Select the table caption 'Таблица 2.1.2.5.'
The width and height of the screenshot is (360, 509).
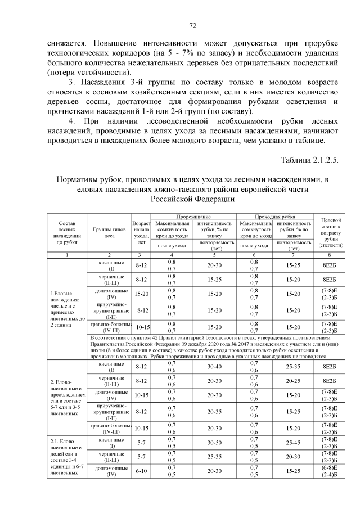point(310,159)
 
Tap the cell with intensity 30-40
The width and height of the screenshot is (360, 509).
point(214,366)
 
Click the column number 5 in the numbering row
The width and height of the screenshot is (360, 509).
point(214,255)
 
